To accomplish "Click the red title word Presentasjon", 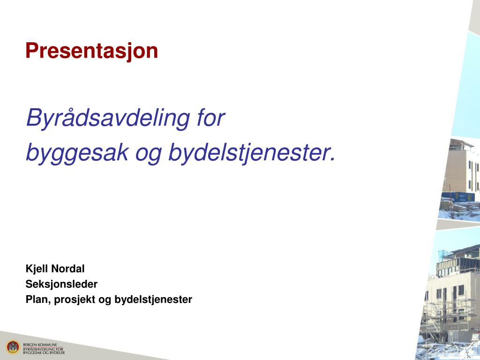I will [x=91, y=51].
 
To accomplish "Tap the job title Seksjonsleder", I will [x=61, y=284].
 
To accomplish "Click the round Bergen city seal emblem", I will [x=13, y=347].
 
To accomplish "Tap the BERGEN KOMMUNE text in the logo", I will [x=40, y=344].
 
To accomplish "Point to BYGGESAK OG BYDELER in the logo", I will [x=44, y=352].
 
